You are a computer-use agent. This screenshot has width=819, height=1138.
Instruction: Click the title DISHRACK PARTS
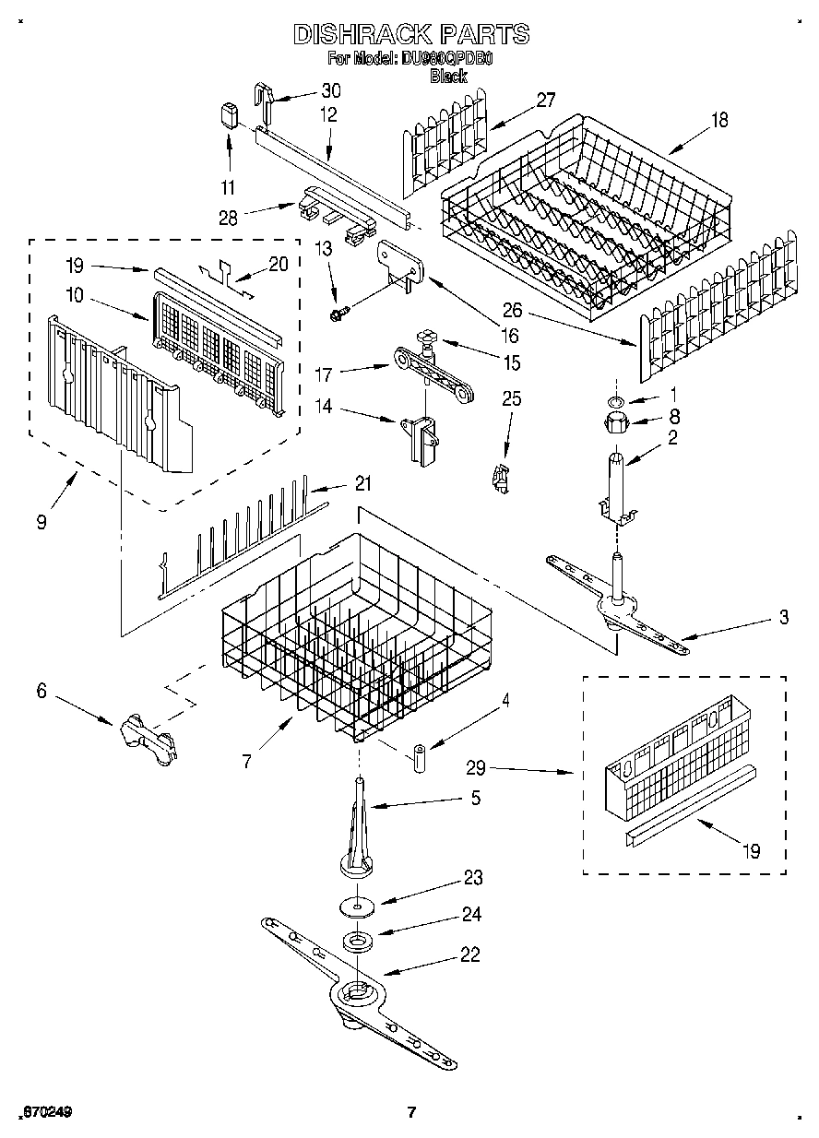pyautogui.click(x=411, y=34)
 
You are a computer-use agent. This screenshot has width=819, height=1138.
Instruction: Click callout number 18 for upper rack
pyautogui.click(x=718, y=120)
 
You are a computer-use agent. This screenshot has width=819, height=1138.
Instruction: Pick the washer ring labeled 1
pyautogui.click(x=615, y=401)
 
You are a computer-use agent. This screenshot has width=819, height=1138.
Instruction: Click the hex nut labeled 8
pyautogui.click(x=615, y=425)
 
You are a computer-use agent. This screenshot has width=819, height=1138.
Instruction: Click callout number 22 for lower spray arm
pyautogui.click(x=470, y=955)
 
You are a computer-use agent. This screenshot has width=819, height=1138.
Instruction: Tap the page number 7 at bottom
pyautogui.click(x=412, y=1111)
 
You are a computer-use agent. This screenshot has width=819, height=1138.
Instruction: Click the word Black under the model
pyautogui.click(x=448, y=77)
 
